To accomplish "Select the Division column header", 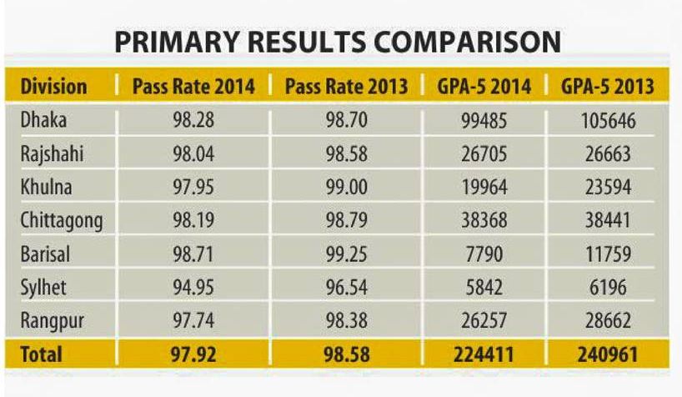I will [x=53, y=87].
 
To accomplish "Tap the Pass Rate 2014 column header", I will [x=193, y=87].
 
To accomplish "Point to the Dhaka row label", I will [x=43, y=121].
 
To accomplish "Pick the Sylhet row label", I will [x=43, y=288].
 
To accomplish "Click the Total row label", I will [x=42, y=354].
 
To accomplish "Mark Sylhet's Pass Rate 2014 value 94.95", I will [x=193, y=288].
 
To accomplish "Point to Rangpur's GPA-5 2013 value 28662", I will [x=606, y=321].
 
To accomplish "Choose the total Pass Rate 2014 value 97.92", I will [x=193, y=354].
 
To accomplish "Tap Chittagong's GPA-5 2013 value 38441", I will [x=606, y=221].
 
